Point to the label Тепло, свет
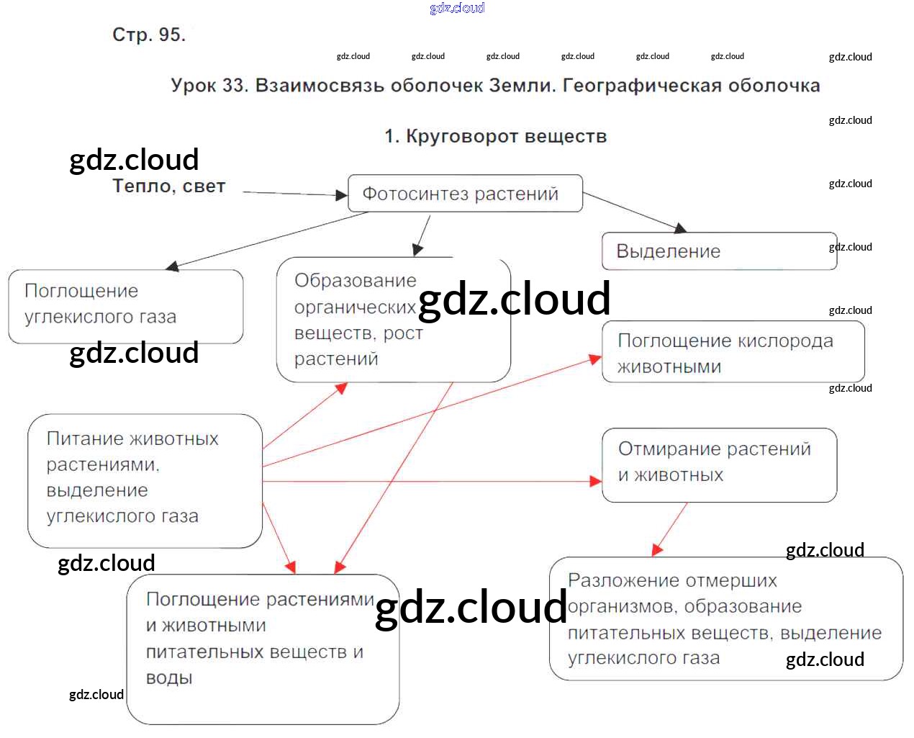pyautogui.click(x=169, y=186)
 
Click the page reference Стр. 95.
pyautogui.click(x=149, y=35)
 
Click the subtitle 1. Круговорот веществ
pyautogui.click(x=495, y=136)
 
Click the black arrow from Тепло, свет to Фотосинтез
pyautogui.click(x=295, y=193)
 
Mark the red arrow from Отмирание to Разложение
pyautogui.click(x=669, y=529)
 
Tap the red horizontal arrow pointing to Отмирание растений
pyautogui.click(x=432, y=481)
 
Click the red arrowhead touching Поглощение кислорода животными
pyautogui.click(x=596, y=359)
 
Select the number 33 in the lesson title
pyautogui.click(x=234, y=86)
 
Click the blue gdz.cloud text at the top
pyautogui.click(x=457, y=8)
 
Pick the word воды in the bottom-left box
pyautogui.click(x=169, y=678)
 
